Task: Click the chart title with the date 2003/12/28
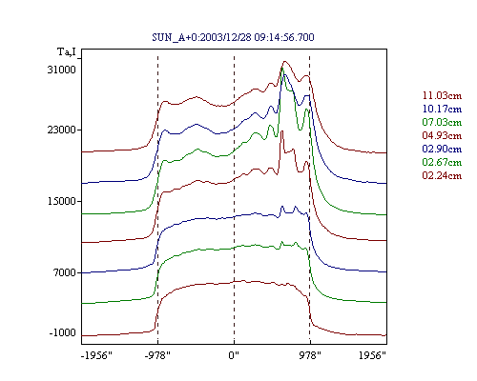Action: click(233, 37)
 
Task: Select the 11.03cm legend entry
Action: click(442, 95)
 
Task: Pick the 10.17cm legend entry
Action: click(442, 109)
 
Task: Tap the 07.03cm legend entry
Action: click(442, 122)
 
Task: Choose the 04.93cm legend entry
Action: click(442, 135)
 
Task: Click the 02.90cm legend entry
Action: click(442, 149)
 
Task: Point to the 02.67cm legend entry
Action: click(442, 162)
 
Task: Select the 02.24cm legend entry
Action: click(442, 175)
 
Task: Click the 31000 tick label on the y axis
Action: click(62, 70)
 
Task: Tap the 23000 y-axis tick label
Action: click(62, 130)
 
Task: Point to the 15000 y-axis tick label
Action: click(62, 201)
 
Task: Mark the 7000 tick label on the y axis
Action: click(65, 272)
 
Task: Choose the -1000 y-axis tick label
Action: click(63, 332)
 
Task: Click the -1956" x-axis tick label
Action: click(97, 355)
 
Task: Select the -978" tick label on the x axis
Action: click(157, 355)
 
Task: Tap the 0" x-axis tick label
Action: click(234, 355)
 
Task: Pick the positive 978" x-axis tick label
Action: click(310, 355)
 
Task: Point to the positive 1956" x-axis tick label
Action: click(372, 355)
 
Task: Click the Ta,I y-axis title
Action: click(67, 51)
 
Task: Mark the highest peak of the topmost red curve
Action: click(284, 62)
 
